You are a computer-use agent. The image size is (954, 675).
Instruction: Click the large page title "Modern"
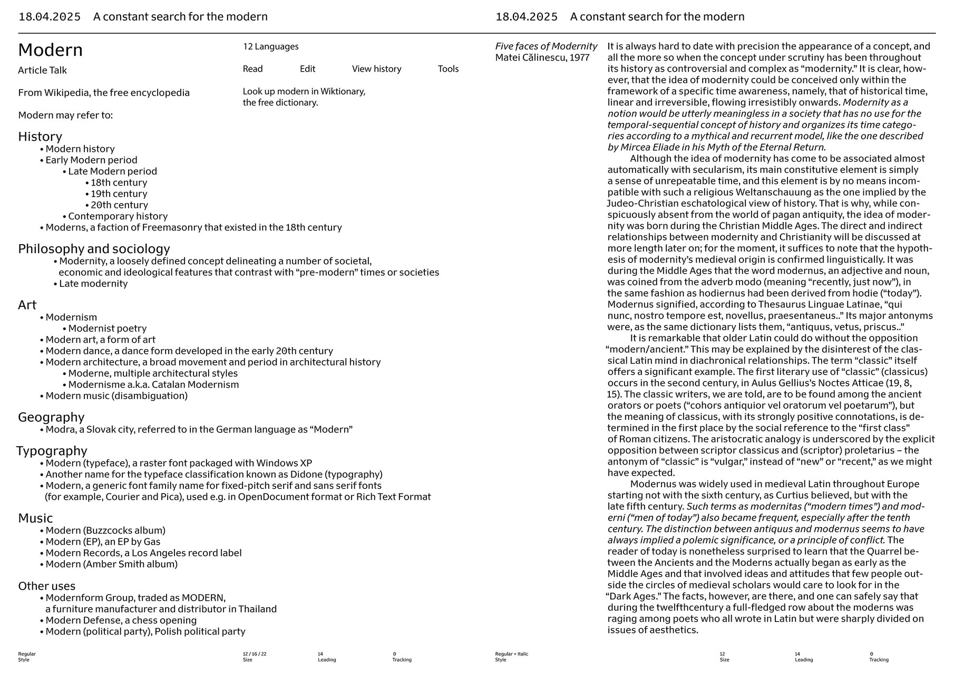[x=51, y=50]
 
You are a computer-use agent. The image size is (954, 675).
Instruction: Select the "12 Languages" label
[x=270, y=46]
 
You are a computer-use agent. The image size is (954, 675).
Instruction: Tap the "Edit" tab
[x=307, y=69]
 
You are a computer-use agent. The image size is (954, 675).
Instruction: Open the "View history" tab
[x=376, y=69]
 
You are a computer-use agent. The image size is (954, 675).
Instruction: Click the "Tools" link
[x=448, y=69]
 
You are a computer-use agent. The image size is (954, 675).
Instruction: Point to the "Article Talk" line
[x=42, y=70]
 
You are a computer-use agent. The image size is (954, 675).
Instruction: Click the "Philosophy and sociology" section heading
[x=94, y=249]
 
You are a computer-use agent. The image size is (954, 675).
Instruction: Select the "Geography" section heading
[x=51, y=417]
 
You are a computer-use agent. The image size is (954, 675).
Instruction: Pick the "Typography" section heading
[x=52, y=451]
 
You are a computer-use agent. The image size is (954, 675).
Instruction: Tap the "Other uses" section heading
[x=46, y=586]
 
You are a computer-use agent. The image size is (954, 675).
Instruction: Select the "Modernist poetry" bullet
[x=107, y=329]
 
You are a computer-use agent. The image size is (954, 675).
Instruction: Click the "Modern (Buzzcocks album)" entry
[x=105, y=531]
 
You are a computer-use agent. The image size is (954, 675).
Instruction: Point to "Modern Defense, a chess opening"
[x=121, y=620]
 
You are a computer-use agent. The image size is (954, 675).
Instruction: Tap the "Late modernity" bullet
[x=93, y=284]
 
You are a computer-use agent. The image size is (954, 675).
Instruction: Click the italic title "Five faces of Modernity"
[x=546, y=46]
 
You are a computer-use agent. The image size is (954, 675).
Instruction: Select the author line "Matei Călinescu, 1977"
[x=542, y=57]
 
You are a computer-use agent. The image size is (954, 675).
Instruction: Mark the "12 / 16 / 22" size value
[x=255, y=654]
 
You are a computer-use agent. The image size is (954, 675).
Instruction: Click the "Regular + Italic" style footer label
[x=511, y=654]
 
